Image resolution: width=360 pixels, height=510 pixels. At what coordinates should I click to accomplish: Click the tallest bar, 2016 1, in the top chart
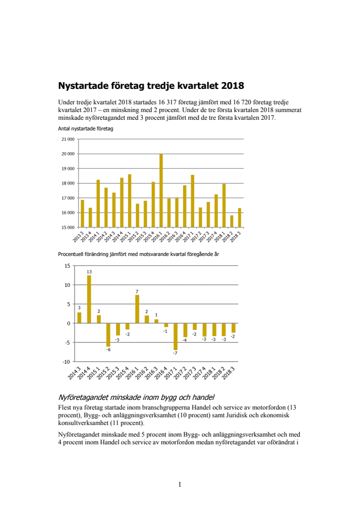161,191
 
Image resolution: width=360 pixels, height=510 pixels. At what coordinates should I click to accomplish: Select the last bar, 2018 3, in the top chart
240,218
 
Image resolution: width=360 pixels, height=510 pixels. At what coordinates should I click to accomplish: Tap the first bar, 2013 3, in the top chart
83,213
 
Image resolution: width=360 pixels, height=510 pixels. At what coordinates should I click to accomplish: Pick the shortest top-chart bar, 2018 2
232,222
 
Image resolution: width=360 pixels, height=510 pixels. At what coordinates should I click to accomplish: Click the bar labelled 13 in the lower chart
89,299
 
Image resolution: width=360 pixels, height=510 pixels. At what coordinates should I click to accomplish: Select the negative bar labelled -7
176,336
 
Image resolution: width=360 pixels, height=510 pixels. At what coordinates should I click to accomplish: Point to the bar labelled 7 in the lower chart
137,309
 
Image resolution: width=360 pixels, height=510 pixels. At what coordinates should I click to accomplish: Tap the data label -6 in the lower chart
108,350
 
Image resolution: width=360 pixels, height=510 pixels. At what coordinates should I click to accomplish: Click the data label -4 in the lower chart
184,340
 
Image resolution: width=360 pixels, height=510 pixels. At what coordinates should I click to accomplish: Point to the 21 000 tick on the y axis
68,139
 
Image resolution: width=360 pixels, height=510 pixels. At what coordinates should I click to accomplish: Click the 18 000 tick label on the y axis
68,184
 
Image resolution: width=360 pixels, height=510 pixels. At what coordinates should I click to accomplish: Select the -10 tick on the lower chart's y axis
66,362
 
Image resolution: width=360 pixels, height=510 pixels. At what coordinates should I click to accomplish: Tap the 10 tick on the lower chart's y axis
67,285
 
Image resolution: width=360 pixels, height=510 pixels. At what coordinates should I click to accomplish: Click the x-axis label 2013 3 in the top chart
78,237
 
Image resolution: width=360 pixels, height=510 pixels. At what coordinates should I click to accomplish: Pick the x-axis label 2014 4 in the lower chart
84,373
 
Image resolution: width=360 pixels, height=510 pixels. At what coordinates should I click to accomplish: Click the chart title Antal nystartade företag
85,129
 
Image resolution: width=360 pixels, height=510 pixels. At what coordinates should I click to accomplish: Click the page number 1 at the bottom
180,484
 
